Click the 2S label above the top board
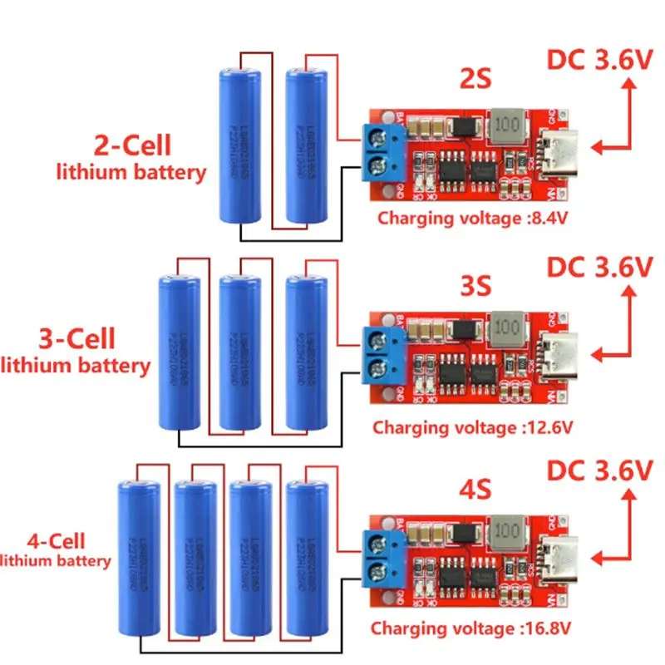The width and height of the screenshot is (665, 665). click(475, 81)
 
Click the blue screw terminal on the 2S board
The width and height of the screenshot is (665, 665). click(386, 152)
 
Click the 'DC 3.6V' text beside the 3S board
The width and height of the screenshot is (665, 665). click(598, 268)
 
